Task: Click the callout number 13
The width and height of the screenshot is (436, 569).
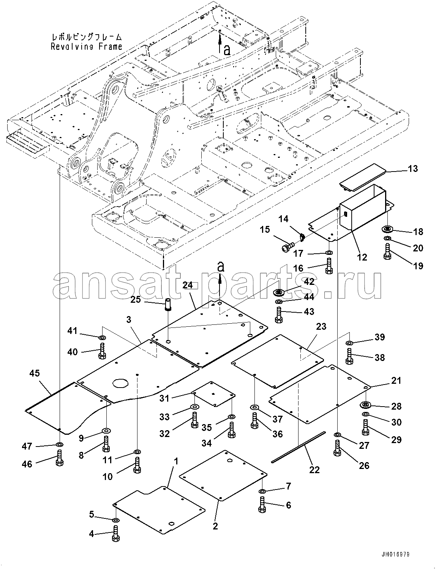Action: [x=413, y=169]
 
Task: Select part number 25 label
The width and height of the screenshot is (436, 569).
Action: [x=136, y=299]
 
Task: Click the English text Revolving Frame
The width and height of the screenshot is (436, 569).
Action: [x=87, y=47]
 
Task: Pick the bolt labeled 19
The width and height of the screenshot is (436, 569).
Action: [x=387, y=251]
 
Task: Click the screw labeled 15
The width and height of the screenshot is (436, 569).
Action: [x=288, y=247]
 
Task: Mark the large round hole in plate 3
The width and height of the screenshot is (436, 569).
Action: [x=120, y=383]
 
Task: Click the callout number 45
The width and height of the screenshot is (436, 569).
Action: [x=34, y=373]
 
